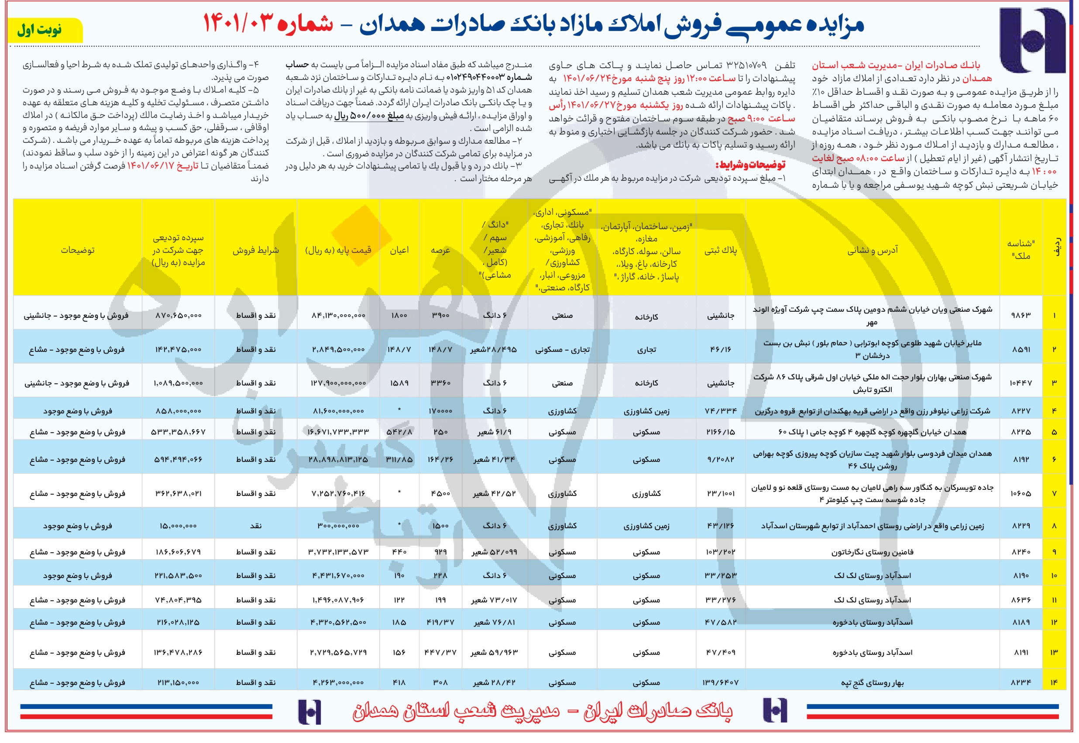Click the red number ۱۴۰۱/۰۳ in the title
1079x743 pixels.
[x=242, y=23]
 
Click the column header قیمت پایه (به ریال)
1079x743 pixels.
[x=338, y=251]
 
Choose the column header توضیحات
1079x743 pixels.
[x=77, y=251]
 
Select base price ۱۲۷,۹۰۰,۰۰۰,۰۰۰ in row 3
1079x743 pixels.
[x=338, y=383]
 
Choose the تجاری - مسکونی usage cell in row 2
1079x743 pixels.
[x=562, y=350]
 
